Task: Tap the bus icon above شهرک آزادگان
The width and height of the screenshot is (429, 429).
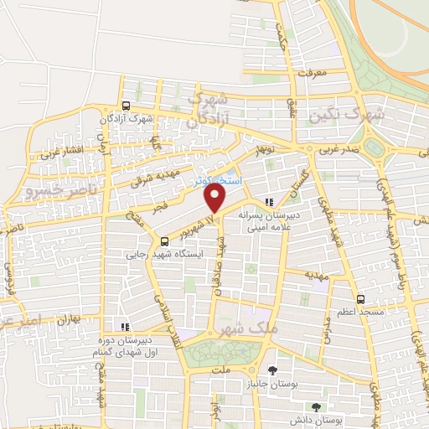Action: (x=126, y=106)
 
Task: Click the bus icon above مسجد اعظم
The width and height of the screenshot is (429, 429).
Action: (x=360, y=298)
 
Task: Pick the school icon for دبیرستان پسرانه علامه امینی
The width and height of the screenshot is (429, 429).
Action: (x=268, y=201)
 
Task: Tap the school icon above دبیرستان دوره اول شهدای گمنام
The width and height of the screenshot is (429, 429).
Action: (x=125, y=327)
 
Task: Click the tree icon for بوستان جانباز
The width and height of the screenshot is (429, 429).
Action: (x=272, y=370)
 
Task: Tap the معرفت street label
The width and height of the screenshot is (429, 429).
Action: (x=311, y=73)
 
